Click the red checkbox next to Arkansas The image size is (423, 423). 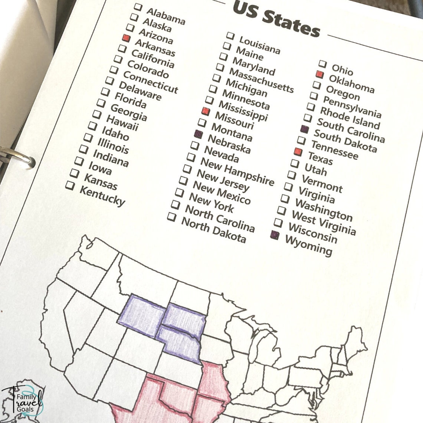point(126,38)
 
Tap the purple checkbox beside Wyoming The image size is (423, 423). point(275,235)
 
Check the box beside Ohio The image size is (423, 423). point(323,64)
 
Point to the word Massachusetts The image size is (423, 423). point(261,80)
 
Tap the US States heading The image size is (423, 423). point(276,19)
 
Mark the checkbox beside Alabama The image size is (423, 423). point(138,7)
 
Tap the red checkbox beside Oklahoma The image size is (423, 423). point(319,74)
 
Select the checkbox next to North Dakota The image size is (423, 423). point(171,217)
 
